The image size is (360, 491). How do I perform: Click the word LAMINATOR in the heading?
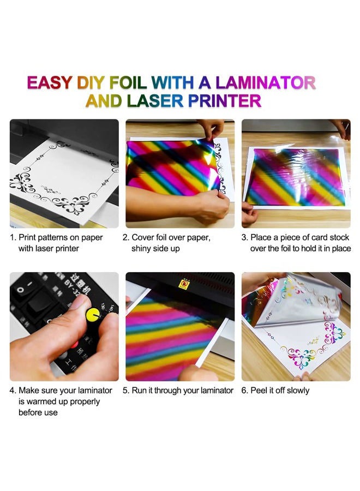266,83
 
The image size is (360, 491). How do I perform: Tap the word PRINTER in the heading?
224,101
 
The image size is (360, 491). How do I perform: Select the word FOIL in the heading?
128,83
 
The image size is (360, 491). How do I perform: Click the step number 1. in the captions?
13,238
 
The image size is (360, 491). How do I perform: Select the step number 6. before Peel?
244,391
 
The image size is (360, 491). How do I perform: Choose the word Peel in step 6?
259,391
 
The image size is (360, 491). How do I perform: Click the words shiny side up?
155,249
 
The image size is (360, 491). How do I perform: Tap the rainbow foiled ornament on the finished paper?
301,358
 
